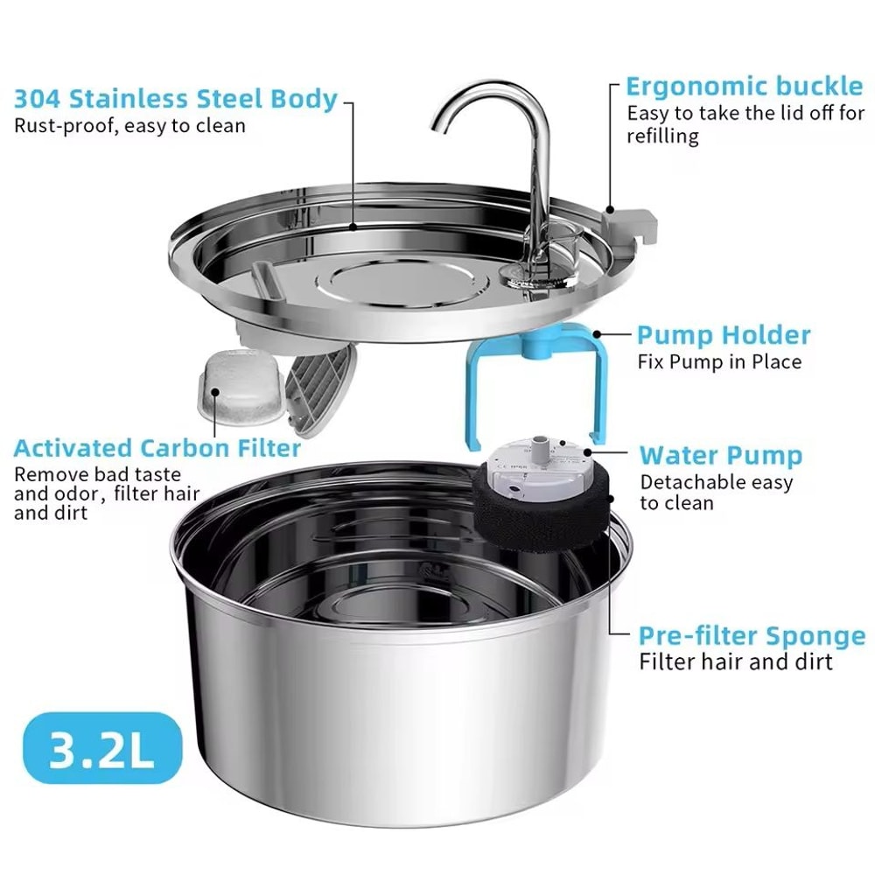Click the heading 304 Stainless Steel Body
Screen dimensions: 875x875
coord(176,98)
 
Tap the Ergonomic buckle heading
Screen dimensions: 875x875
coord(744,87)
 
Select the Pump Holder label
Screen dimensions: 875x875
coord(723,335)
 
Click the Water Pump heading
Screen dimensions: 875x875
coord(720,456)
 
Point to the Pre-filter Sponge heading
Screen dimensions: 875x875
coord(752,635)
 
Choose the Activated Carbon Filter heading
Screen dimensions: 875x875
coord(157,449)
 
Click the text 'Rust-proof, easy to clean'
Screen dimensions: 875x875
coord(129,126)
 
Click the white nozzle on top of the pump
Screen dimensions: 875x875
coord(540,449)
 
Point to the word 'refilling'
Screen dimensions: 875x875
coord(662,136)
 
